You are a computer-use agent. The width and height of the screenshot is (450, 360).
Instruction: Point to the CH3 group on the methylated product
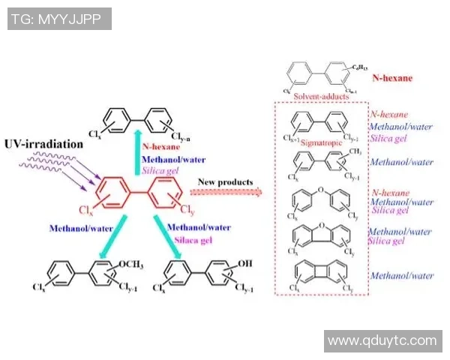point(352,151)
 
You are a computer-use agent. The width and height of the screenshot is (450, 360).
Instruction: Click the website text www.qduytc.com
point(382,341)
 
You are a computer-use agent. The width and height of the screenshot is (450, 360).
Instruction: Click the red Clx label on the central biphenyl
point(85,211)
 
